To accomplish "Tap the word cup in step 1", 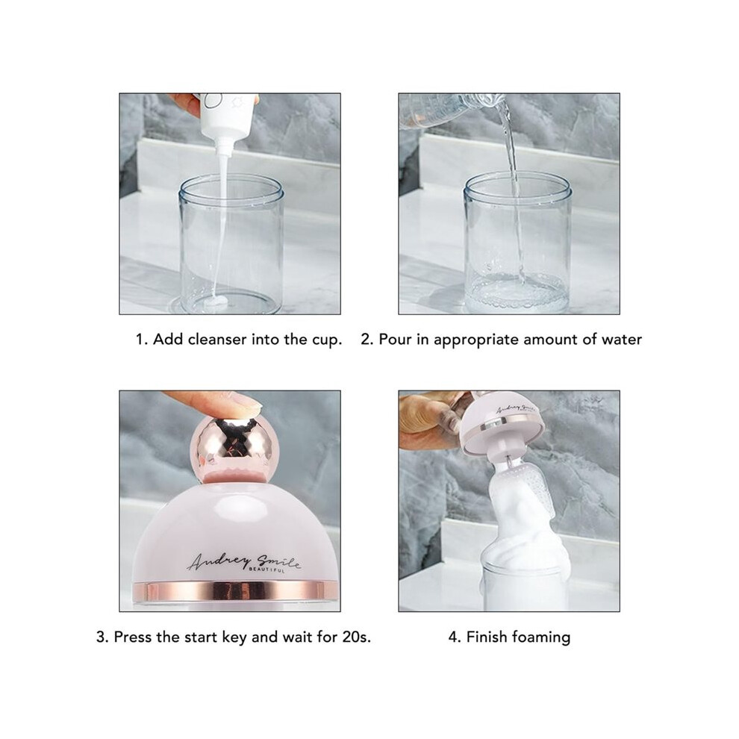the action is (327, 340).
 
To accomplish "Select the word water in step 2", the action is (622, 340).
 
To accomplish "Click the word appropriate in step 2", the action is (476, 340).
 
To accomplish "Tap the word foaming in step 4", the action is (541, 638).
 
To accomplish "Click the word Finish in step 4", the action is (487, 637).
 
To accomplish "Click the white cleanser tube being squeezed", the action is (226, 118).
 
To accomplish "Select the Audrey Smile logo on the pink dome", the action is (243, 562).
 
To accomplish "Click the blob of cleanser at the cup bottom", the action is (216, 302).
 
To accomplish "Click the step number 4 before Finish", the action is (455, 637).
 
